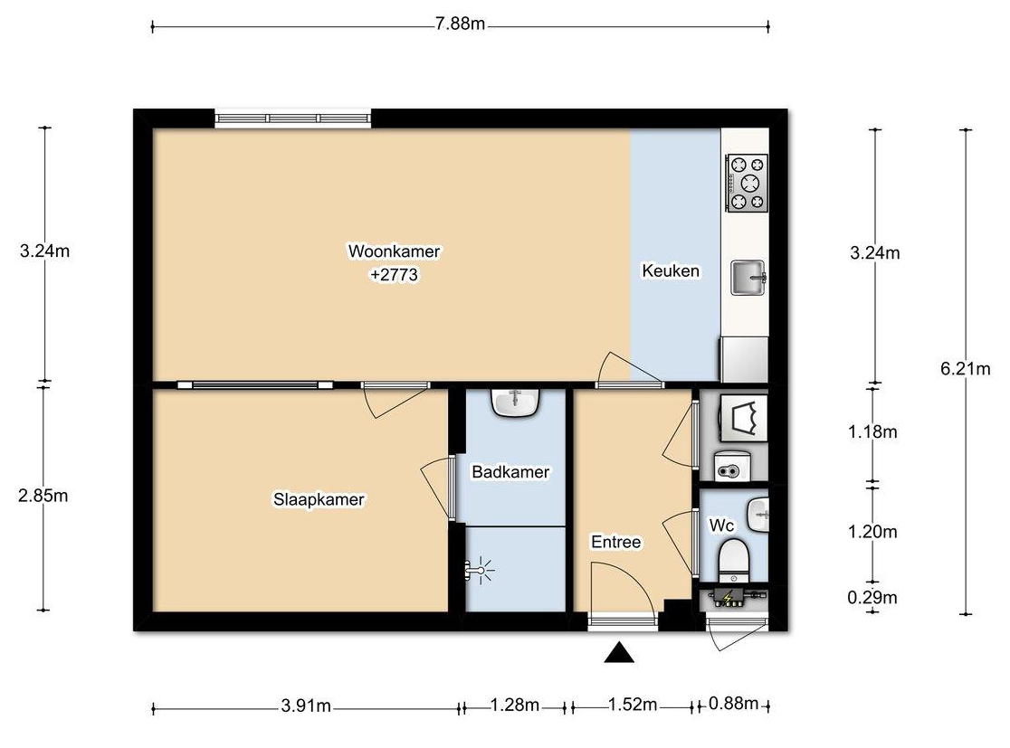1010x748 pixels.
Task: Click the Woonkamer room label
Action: coord(394,251)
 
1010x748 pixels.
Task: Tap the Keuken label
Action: coord(671,270)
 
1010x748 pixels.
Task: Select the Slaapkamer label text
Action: coord(319,499)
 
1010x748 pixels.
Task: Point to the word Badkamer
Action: coord(510,472)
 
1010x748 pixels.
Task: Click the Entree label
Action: coord(615,542)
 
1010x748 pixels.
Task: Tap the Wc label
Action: coord(720,525)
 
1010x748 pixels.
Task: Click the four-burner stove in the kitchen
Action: coord(748,183)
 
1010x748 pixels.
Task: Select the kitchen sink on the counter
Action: coord(748,278)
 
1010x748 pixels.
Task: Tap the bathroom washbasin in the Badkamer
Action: coord(515,403)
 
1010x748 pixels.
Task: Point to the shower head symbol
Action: coord(479,571)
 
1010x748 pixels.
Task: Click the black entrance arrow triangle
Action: coord(619,652)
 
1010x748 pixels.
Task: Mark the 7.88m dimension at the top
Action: coord(460,24)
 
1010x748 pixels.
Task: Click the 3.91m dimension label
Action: coord(306,706)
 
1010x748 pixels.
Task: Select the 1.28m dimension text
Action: coord(515,705)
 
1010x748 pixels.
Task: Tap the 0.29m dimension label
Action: coord(872,597)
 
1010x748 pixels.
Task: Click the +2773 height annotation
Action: coord(394,275)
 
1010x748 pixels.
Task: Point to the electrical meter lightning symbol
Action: coord(728,598)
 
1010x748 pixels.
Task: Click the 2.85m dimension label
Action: coord(43,496)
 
